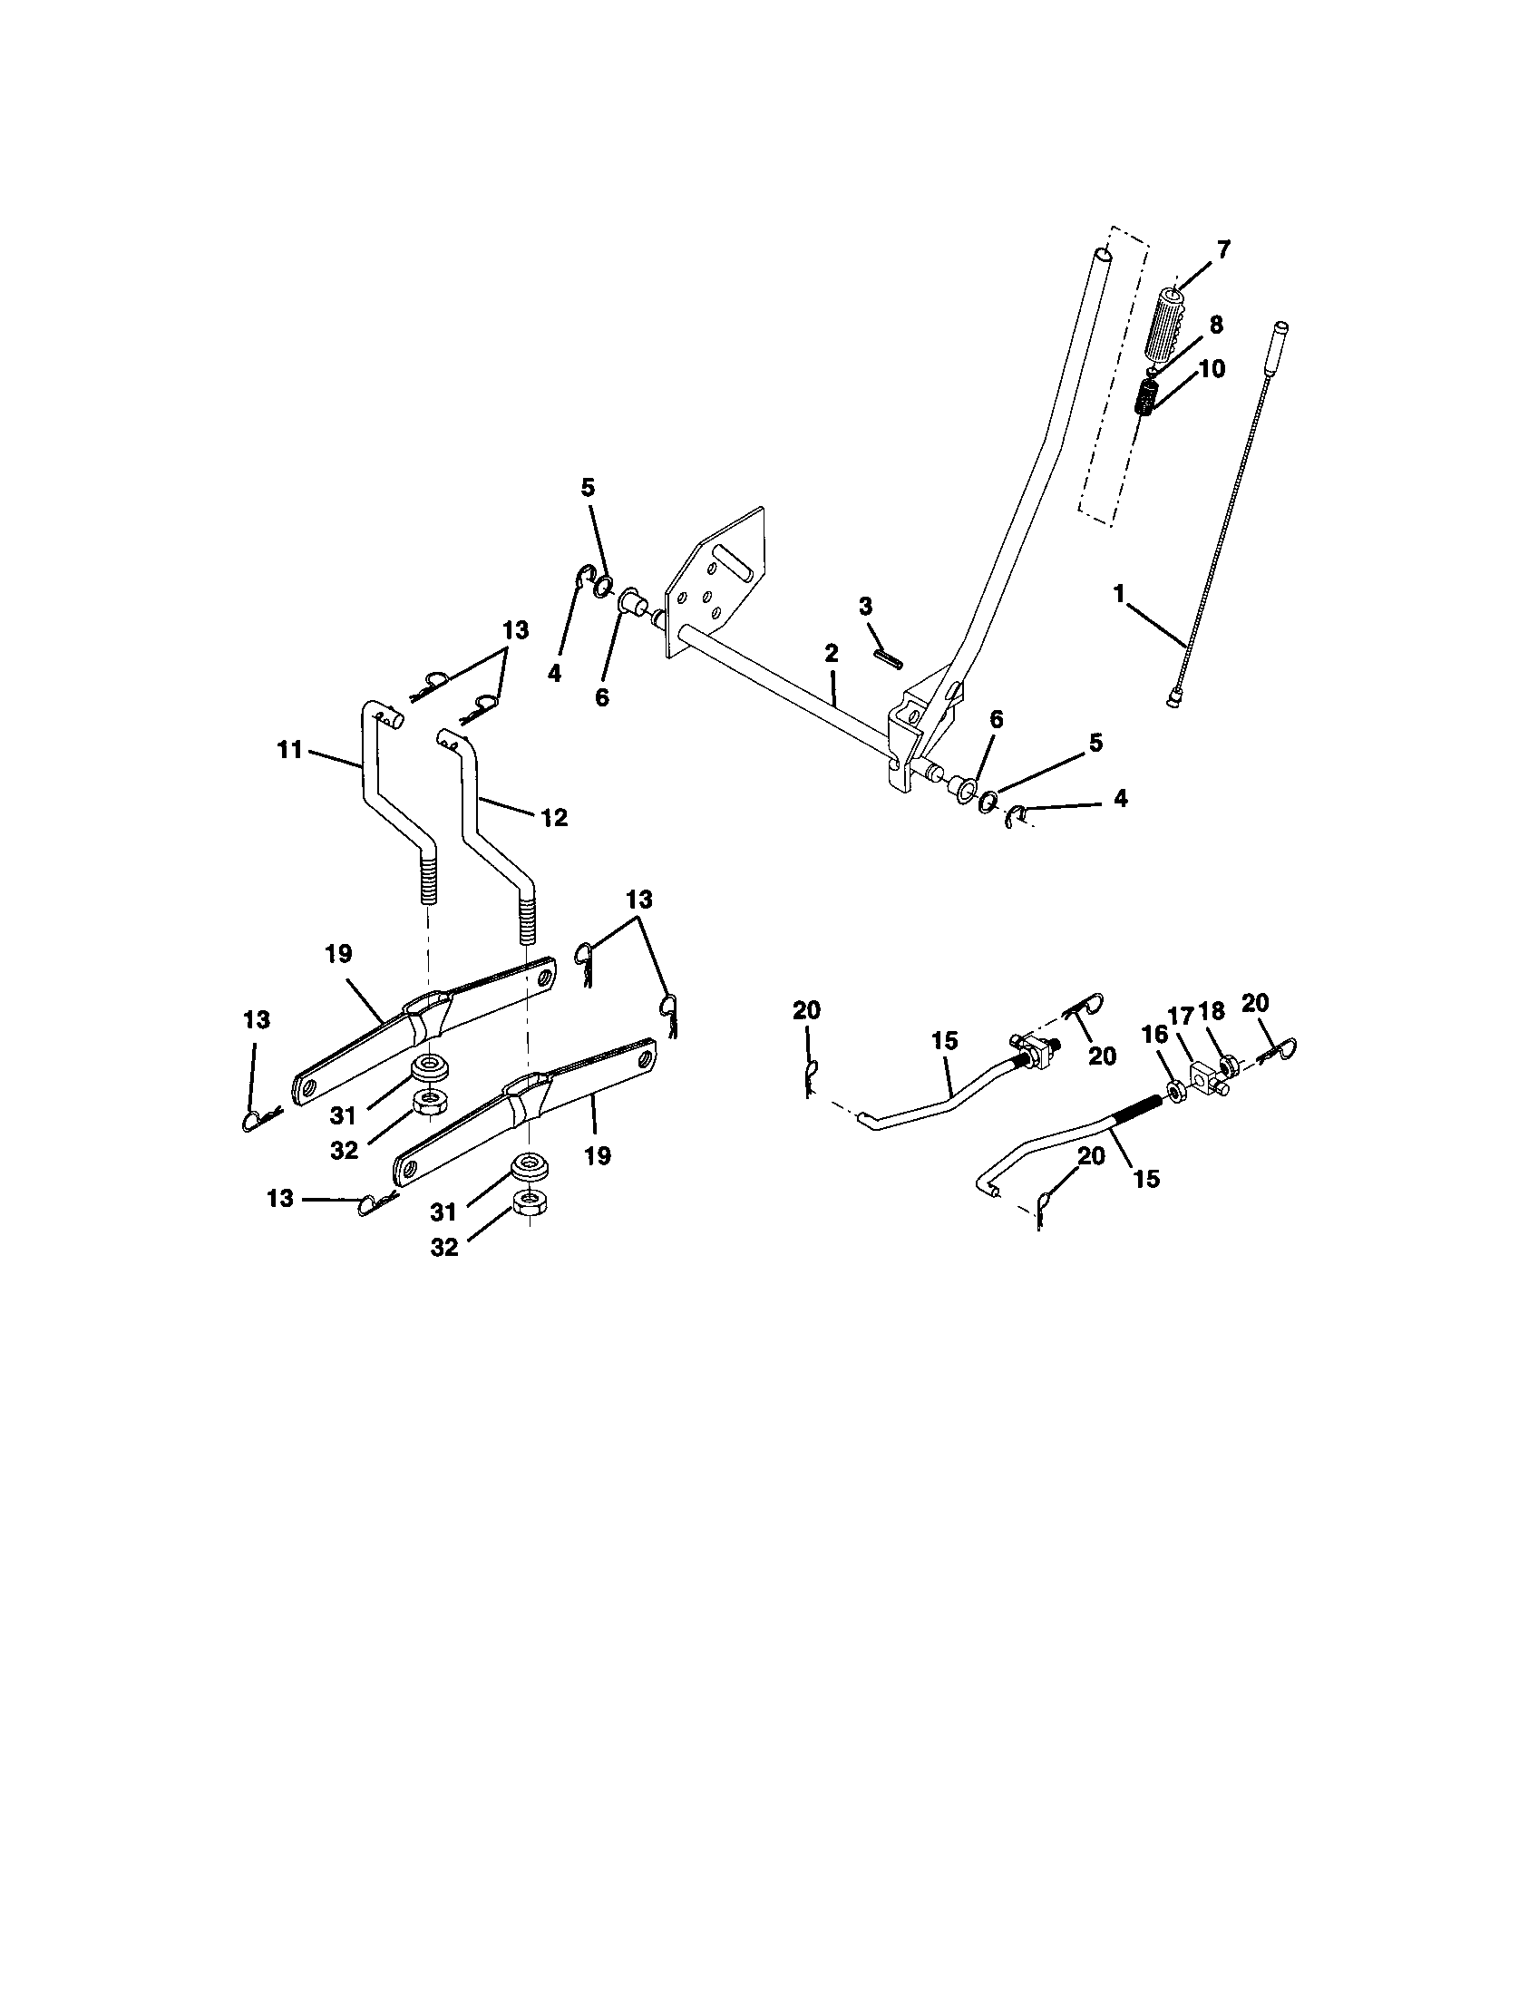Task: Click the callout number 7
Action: (x=1223, y=248)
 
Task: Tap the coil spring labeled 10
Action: (x=1145, y=399)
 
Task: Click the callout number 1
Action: (x=1118, y=594)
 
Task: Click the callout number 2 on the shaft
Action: (x=830, y=653)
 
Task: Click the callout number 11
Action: (x=289, y=752)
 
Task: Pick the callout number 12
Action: (x=553, y=818)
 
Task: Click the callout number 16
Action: (x=1153, y=1034)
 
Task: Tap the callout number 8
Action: (x=1215, y=325)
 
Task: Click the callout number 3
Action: (x=865, y=607)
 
